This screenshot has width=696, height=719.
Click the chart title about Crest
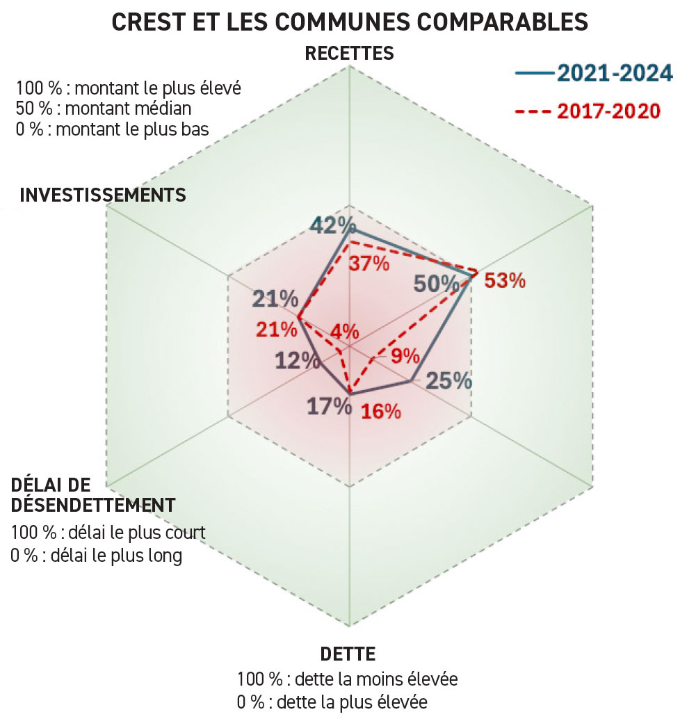349,22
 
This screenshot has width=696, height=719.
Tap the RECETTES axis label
349,54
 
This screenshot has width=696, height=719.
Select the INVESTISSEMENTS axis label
103,195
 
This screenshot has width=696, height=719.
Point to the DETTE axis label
348,654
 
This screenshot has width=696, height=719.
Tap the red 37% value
369,264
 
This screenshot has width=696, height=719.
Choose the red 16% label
381,411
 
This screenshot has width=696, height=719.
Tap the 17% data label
329,406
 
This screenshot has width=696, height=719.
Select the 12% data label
298,362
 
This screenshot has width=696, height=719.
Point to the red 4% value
346,332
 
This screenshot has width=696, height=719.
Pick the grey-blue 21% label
275,300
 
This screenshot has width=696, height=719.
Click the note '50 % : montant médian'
103,109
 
